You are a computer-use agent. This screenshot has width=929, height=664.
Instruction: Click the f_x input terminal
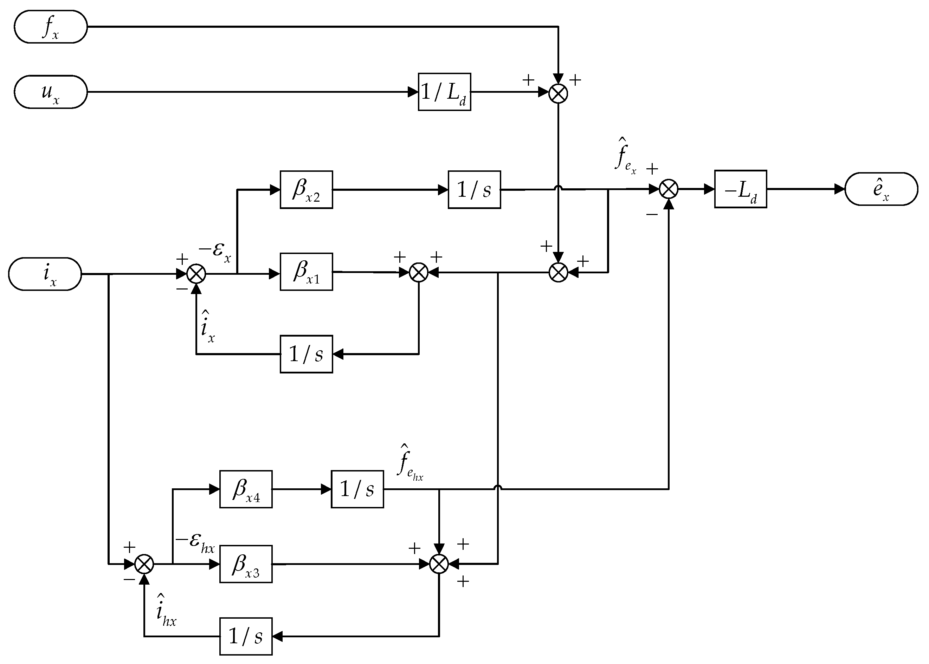point(51,27)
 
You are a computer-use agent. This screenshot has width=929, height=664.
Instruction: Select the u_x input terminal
point(51,92)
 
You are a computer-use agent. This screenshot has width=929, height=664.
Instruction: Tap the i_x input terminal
point(45,274)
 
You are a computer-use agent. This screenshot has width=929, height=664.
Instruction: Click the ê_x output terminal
point(881,189)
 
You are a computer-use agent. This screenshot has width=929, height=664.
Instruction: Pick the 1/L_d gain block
point(444,92)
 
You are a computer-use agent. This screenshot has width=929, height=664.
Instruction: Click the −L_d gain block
point(740,189)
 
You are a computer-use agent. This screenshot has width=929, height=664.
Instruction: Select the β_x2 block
point(306,190)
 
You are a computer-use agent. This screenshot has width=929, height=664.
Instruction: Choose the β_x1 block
point(306,272)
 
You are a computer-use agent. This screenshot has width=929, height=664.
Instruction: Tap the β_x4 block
point(246,489)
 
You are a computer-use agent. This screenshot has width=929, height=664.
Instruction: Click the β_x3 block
point(246,564)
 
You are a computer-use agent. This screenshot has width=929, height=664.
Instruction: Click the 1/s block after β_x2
point(474,190)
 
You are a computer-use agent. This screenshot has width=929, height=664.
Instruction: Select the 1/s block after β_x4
point(357,489)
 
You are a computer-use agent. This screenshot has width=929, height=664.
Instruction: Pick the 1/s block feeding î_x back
point(306,354)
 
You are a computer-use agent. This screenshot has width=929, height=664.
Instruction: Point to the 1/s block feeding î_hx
point(246,637)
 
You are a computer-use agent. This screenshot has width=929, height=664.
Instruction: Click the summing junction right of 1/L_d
point(558,94)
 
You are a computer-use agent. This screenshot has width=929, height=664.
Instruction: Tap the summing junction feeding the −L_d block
point(669,189)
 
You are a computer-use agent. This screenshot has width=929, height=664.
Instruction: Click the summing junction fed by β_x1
point(419,273)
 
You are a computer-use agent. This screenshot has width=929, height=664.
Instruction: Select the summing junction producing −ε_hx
point(144,564)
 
